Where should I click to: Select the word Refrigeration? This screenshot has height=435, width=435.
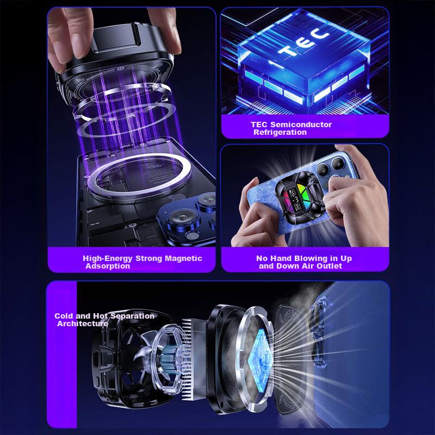[280, 132]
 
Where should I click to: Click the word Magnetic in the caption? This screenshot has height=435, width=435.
[183, 258]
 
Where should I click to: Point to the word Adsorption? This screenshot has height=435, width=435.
[108, 266]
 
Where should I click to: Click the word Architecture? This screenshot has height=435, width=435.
[83, 324]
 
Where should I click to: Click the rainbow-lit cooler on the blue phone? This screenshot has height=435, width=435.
[299, 197]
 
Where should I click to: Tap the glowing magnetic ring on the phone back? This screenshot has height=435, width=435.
[140, 179]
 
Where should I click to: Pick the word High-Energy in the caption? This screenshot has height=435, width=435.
[108, 259]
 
